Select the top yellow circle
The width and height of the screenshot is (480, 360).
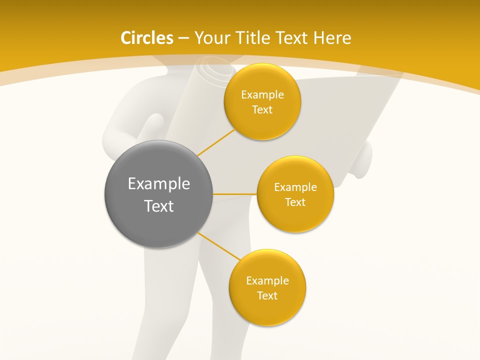click(262, 101)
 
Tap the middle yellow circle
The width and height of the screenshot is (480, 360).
click(295, 194)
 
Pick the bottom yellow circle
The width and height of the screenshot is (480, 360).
click(267, 287)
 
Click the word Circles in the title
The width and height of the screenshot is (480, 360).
click(146, 38)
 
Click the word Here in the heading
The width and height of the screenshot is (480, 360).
click(332, 38)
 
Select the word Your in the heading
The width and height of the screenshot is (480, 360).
click(212, 38)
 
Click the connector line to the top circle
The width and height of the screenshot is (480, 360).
click(215, 142)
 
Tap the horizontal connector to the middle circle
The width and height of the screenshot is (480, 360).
click(234, 193)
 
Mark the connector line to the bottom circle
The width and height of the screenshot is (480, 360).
click(218, 246)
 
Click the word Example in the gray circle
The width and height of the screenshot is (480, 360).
click(159, 184)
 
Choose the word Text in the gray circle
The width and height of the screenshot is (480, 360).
click(159, 206)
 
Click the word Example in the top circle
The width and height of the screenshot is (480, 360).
click(262, 94)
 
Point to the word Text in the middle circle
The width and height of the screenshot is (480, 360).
click(295, 202)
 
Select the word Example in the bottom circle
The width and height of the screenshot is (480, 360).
click(267, 280)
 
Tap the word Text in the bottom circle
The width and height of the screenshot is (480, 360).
click(267, 295)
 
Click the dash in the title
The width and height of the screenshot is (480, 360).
click(183, 38)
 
